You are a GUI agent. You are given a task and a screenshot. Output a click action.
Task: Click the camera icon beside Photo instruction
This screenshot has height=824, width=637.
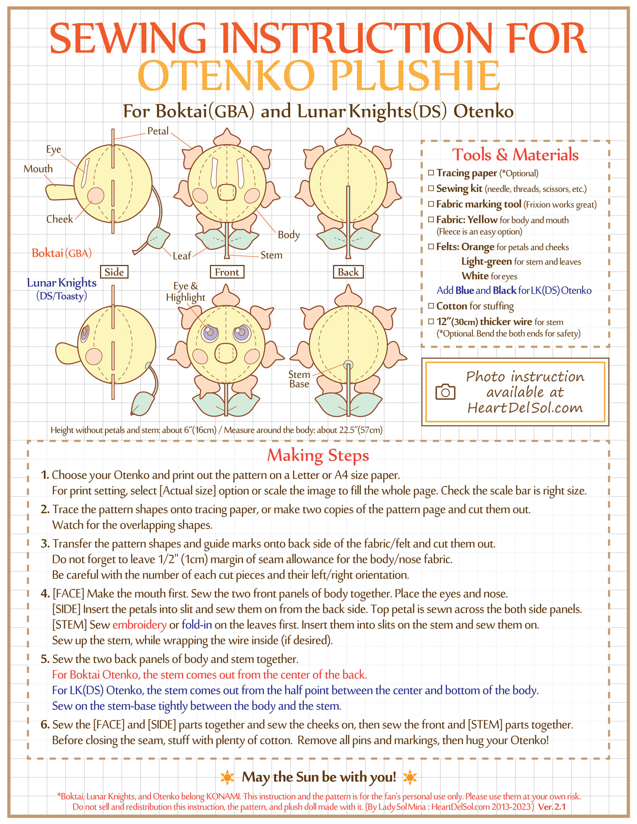[445, 392]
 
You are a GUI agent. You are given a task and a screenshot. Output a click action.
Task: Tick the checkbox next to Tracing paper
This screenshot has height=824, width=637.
[431, 173]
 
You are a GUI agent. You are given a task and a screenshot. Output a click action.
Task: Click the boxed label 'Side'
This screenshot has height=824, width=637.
[114, 272]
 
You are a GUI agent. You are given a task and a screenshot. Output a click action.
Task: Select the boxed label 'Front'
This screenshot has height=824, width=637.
[227, 272]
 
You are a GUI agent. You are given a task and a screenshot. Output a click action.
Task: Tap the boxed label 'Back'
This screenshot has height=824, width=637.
[348, 272]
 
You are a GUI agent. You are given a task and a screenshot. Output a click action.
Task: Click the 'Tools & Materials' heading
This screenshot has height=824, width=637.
[515, 155]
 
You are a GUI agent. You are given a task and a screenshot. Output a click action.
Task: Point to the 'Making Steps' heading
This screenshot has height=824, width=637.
[318, 455]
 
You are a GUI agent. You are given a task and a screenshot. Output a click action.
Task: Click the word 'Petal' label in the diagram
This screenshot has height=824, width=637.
[158, 131]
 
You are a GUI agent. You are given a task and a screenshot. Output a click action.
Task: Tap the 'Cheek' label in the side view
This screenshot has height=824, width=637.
[60, 219]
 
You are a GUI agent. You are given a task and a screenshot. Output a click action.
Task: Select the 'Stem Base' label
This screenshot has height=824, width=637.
[299, 379]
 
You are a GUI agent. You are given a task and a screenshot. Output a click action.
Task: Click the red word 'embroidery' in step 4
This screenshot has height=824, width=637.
[139, 625]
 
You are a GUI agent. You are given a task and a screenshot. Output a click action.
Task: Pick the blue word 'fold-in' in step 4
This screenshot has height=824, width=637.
[197, 625]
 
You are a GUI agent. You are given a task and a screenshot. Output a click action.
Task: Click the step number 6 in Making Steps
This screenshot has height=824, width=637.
[45, 724]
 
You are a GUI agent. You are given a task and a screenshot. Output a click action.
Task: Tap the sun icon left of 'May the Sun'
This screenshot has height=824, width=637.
[227, 777]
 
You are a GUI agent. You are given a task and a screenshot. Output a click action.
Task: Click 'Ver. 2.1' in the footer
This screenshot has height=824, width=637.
[552, 807]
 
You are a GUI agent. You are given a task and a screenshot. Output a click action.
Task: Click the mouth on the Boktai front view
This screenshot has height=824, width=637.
[227, 193]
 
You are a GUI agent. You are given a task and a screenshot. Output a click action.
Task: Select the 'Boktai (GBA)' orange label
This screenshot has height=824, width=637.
[61, 253]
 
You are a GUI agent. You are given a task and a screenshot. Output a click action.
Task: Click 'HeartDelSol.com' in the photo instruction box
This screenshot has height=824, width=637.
[525, 408]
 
